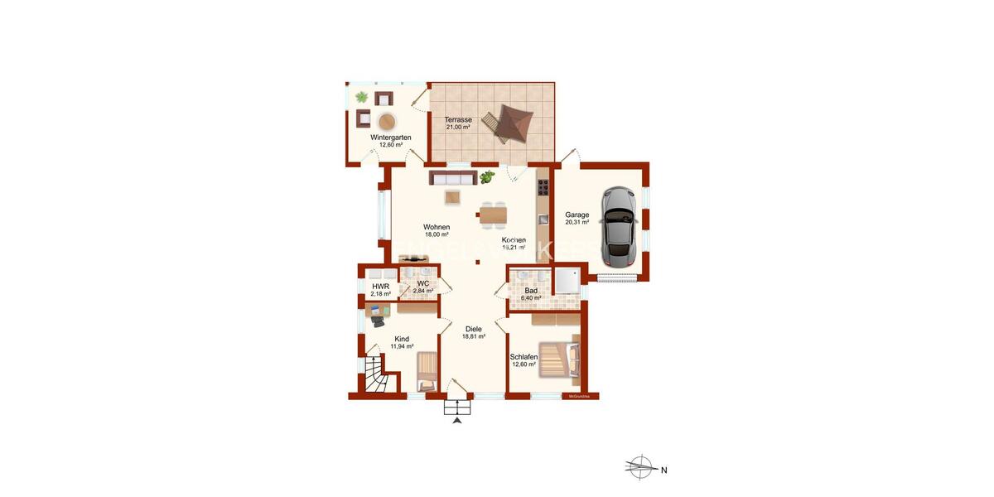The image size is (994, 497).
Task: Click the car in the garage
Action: pyautogui.click(x=619, y=222)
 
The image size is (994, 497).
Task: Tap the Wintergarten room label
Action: pyautogui.click(x=391, y=138)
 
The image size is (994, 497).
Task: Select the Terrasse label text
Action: pyautogui.click(x=458, y=120)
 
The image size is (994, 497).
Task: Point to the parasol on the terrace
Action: pyautogui.click(x=509, y=123)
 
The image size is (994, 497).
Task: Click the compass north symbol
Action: pyautogui.click(x=639, y=468)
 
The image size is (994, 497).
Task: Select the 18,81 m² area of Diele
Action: pyautogui.click(x=473, y=337)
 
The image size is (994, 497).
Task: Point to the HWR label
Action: pyautogui.click(x=380, y=286)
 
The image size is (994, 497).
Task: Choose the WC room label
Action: pyautogui.click(x=423, y=283)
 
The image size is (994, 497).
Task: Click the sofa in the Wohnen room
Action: pyautogui.click(x=452, y=178)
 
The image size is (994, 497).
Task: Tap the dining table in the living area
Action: pyautogui.click(x=491, y=215)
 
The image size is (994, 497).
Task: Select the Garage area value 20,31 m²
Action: pyautogui.click(x=577, y=222)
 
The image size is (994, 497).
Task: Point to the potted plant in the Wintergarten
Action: pyautogui.click(x=362, y=98)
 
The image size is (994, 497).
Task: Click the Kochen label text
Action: pyautogui.click(x=514, y=240)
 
